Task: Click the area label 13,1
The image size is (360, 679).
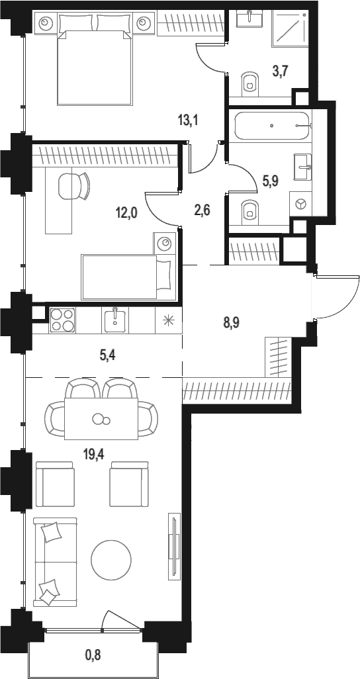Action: click(188, 120)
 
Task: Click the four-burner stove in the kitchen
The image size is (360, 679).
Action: click(62, 320)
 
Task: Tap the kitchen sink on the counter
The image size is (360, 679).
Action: click(114, 320)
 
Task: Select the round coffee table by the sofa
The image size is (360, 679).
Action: click(111, 559)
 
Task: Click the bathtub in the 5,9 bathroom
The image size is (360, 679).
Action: click(273, 126)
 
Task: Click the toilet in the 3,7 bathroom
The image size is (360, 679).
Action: click(249, 82)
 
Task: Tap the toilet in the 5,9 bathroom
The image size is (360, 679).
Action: click(249, 209)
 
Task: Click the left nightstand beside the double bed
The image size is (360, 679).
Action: click(46, 23)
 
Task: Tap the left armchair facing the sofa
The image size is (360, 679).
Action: click(54, 484)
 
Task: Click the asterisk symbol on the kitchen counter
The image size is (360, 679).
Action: click(167, 320)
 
